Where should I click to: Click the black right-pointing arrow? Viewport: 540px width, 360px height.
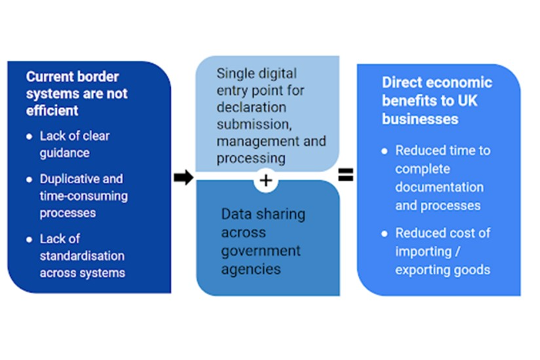click(x=183, y=178)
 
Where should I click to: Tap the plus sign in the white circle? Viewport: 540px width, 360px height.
click(x=266, y=181)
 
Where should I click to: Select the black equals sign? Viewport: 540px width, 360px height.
click(x=345, y=175)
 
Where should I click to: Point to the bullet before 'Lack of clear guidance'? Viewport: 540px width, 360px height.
click(x=29, y=137)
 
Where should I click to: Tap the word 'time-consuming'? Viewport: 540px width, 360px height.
click(x=83, y=196)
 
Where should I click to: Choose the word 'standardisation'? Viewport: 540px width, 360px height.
click(x=82, y=256)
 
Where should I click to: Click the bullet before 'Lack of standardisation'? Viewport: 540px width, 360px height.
click(x=29, y=240)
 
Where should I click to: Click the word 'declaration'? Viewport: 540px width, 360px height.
click(x=251, y=107)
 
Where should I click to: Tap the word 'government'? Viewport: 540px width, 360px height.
click(x=260, y=250)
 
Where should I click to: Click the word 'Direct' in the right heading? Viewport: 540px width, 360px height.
click(x=401, y=83)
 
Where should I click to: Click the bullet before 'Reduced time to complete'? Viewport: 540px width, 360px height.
click(x=385, y=151)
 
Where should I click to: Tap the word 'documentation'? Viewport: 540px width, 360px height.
click(x=439, y=187)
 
